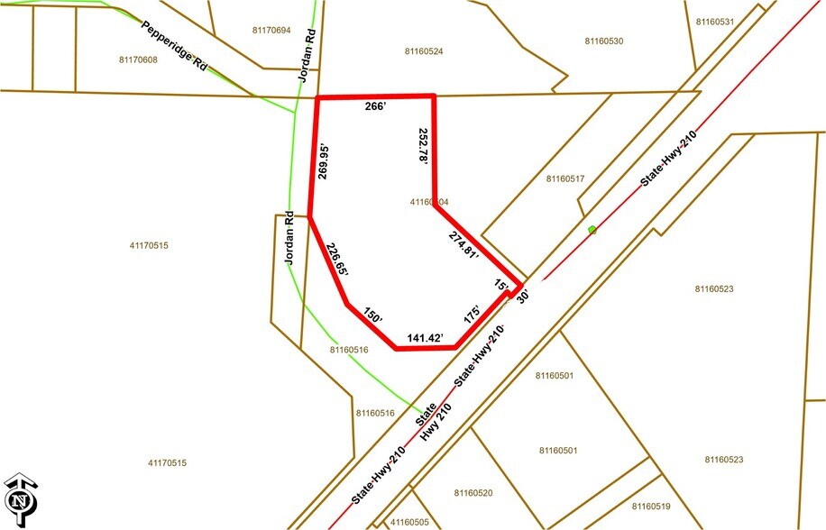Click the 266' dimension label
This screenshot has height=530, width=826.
(x=375, y=106)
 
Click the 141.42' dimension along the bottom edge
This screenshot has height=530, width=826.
(x=426, y=339)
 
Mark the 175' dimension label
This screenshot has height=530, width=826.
(x=472, y=316)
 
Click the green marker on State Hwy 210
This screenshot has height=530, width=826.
(x=592, y=230)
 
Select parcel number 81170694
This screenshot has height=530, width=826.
(x=271, y=31)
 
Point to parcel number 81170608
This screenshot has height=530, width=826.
(x=138, y=59)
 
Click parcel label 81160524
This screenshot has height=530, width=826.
(x=424, y=51)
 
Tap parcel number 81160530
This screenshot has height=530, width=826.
(x=604, y=41)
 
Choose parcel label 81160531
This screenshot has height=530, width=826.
(x=716, y=22)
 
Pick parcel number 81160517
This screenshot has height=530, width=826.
(x=565, y=178)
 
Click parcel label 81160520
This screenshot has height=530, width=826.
(x=473, y=493)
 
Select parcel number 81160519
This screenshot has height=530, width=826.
(x=652, y=507)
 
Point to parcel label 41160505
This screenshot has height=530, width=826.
(x=409, y=522)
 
